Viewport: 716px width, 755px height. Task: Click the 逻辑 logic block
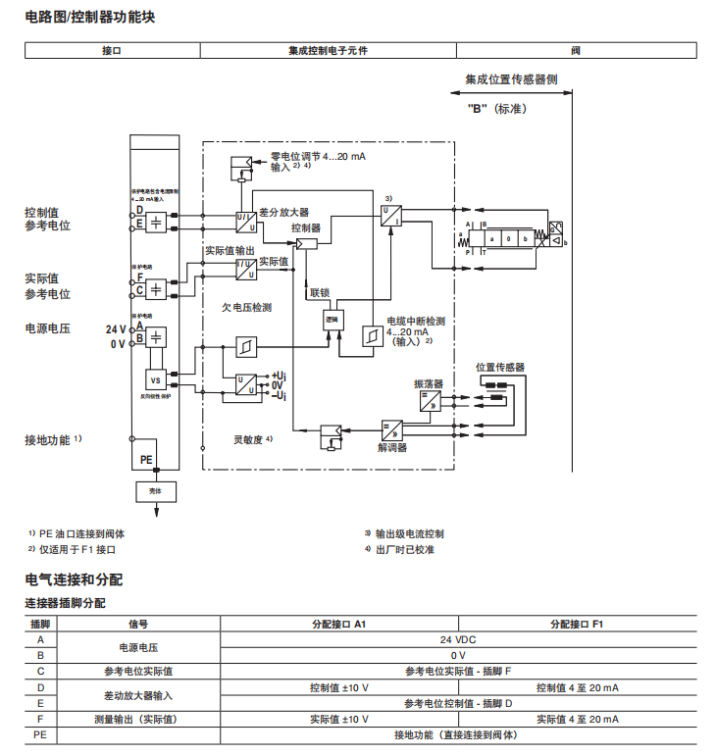coord(332,320)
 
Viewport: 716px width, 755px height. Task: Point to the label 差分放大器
coord(284,212)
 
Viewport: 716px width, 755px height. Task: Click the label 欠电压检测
coord(247,307)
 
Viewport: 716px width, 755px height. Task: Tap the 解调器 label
coord(392,447)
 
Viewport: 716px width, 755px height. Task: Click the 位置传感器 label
coord(499,367)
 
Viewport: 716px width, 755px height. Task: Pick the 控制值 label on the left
coord(42,211)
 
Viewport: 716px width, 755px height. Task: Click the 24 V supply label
coord(117,329)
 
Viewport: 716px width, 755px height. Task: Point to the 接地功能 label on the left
coord(47,440)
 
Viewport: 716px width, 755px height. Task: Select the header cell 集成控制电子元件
coord(328,50)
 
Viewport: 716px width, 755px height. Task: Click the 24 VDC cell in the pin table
coord(458,637)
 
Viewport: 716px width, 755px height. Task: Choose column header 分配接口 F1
coord(577,623)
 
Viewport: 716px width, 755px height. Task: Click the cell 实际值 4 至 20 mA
coord(576,719)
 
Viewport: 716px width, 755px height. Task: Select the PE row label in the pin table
coord(40,733)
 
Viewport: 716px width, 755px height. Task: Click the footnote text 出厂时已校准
coord(405,549)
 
